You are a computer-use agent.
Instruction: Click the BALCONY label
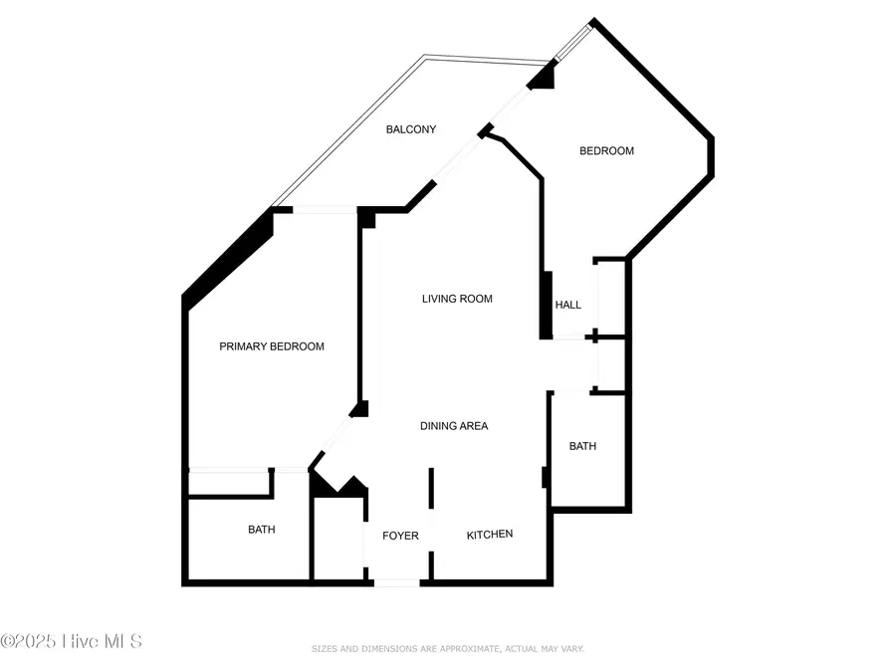[x=411, y=129]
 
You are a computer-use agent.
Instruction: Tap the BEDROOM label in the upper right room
[x=606, y=151]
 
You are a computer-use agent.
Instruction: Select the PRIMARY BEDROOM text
[x=272, y=346]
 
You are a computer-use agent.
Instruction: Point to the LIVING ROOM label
[x=457, y=299]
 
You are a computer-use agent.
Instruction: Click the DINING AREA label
[x=453, y=426]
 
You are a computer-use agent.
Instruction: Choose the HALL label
[x=567, y=305]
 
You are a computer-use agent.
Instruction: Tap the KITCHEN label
[x=490, y=535]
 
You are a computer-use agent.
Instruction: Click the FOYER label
[x=401, y=536]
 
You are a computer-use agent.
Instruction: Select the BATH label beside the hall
[x=582, y=446]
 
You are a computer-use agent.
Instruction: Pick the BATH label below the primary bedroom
[x=262, y=530]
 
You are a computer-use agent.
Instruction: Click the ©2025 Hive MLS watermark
[x=71, y=641]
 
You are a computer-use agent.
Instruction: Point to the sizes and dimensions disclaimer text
[x=447, y=649]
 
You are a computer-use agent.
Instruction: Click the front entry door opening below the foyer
[x=396, y=582]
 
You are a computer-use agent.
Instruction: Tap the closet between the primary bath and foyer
[x=338, y=538]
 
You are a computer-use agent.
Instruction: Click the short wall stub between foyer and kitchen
[x=431, y=488]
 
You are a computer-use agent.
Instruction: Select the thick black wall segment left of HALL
[x=546, y=305]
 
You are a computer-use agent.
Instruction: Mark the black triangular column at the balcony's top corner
[x=543, y=76]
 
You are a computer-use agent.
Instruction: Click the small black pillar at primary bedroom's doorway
[x=360, y=408]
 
